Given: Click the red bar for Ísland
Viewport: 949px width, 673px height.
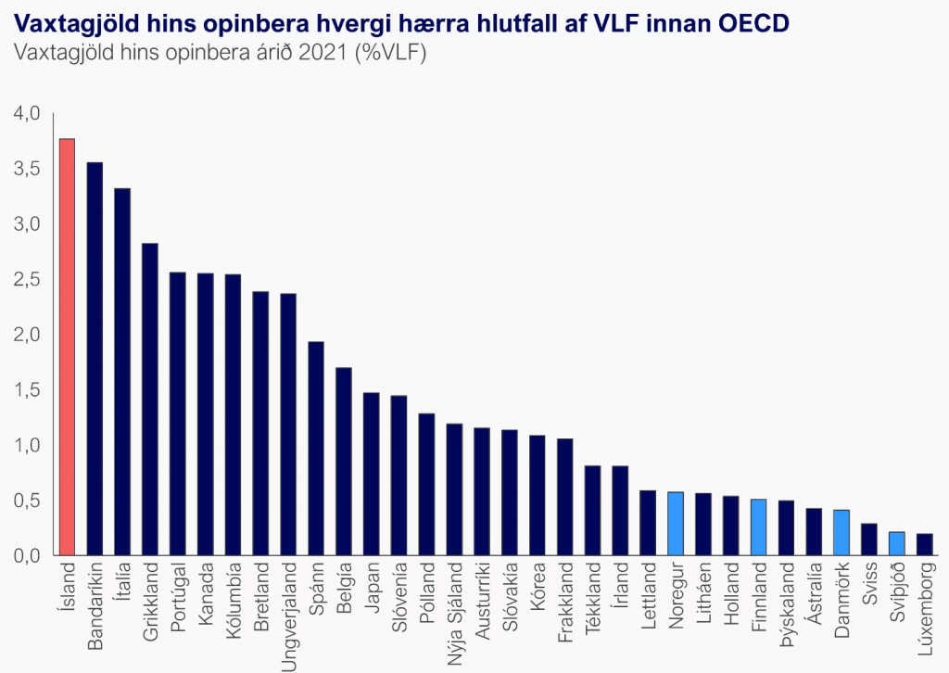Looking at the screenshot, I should [x=67, y=348].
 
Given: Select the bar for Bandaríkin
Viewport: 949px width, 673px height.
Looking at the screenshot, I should [x=95, y=360].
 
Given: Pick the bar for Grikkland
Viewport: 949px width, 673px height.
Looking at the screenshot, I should [x=150, y=400].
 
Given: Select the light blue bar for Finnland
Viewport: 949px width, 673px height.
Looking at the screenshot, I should [x=759, y=528].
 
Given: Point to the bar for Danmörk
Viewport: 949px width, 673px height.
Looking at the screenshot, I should [x=841, y=533].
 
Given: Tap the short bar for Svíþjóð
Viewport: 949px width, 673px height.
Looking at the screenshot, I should [x=897, y=544].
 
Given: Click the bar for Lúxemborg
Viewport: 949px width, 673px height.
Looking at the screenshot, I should [x=925, y=545].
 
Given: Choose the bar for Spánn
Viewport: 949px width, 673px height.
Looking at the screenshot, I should [x=316, y=449].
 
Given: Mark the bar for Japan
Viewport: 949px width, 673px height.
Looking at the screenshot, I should [x=372, y=475].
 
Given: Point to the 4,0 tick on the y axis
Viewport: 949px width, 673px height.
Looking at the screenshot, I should [x=28, y=114].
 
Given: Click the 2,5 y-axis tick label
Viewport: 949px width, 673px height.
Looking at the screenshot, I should [x=28, y=279].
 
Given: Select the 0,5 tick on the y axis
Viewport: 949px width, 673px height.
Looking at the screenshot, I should [x=28, y=501].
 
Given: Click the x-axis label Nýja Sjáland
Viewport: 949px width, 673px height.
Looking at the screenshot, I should [x=455, y=607].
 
